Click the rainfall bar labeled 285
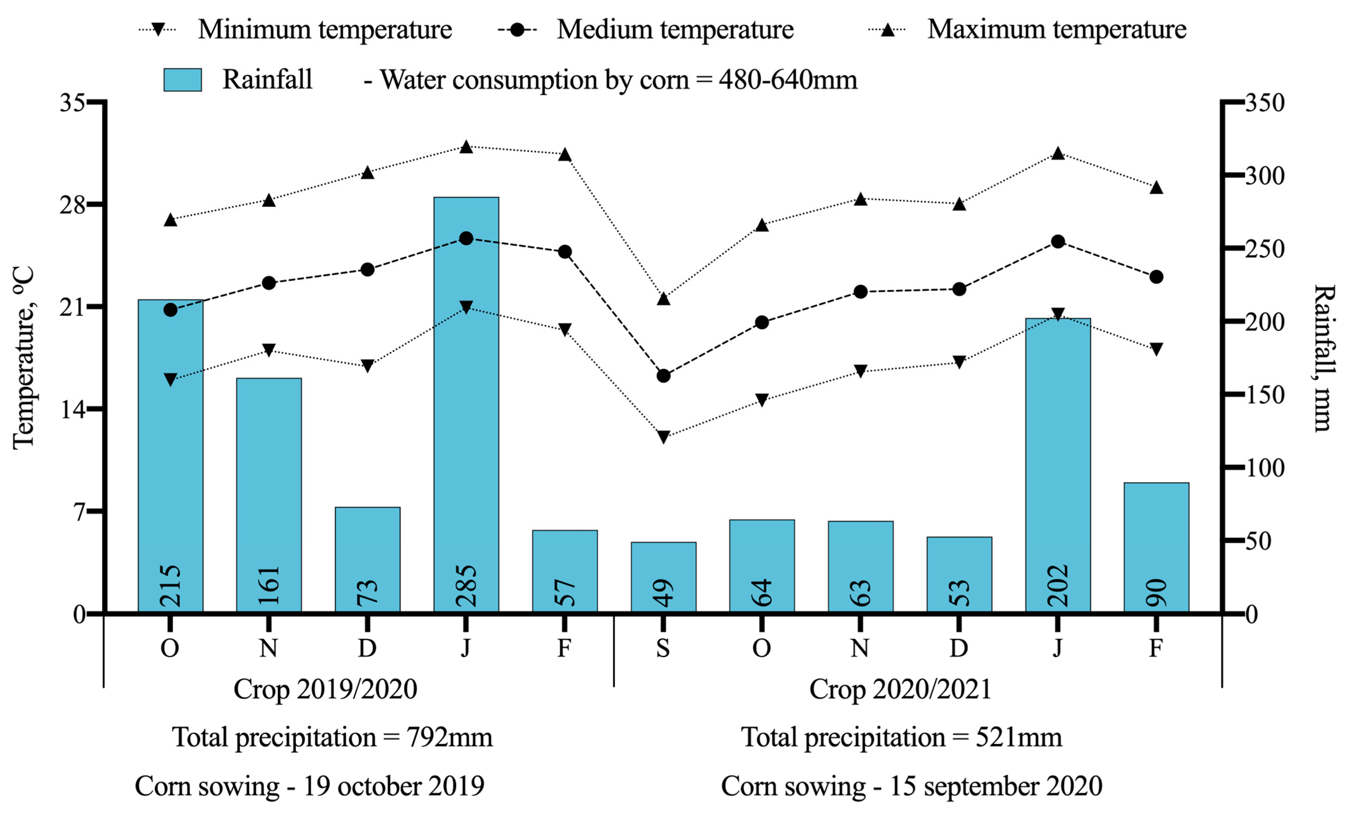tap(466, 404)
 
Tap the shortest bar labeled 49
tap(663, 576)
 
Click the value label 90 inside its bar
tap(1156, 593)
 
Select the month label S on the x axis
tap(663, 649)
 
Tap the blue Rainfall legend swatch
tap(183, 80)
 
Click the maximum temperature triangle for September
tap(663, 298)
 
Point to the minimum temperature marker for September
tap(663, 437)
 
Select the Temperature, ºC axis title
tap(23, 358)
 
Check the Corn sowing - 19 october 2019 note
tap(309, 786)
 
